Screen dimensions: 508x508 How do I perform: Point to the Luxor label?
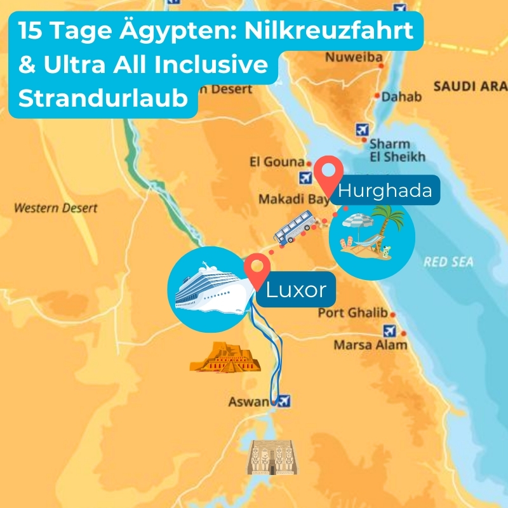[296, 290]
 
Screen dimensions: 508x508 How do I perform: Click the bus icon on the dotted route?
[294, 228]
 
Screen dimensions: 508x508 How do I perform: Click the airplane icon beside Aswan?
[283, 401]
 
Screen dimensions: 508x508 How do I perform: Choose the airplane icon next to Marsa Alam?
[390, 330]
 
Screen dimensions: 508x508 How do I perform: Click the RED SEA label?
[448, 262]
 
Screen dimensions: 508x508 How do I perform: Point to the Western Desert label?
[56, 208]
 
